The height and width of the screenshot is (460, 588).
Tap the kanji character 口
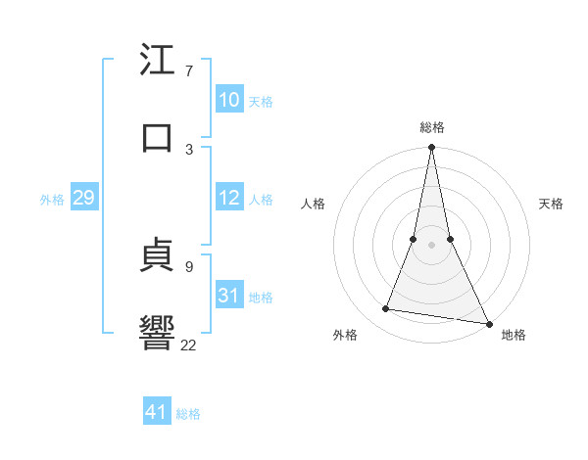157,137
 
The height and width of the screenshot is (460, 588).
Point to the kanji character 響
157,332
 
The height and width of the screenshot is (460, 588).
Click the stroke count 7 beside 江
188,71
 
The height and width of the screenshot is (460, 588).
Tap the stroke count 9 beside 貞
188,266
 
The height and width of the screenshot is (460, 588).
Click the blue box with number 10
228,100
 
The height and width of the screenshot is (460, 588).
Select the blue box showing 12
228,198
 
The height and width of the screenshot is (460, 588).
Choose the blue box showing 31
228,296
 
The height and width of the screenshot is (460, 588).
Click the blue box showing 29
83,198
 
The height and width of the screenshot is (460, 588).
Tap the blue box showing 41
157,412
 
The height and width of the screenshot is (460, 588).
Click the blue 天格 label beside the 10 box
261,102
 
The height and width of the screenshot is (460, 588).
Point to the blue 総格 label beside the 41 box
188,414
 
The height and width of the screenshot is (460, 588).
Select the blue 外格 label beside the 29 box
52,200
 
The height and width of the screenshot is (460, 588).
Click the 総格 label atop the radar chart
432,127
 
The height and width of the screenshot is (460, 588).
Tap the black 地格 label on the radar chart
514,335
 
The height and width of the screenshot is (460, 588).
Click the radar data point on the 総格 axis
431,148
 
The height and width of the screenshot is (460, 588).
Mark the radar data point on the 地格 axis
488,323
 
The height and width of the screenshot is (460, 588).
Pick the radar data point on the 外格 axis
386,309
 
